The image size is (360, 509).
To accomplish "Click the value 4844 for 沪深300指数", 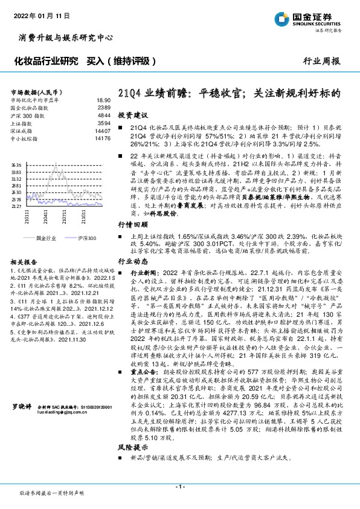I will (x=104, y=115).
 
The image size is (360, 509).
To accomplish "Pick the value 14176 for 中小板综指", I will (x=102, y=138).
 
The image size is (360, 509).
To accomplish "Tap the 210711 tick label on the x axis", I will (x=64, y=216).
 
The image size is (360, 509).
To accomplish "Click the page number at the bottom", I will (x=179, y=487).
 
